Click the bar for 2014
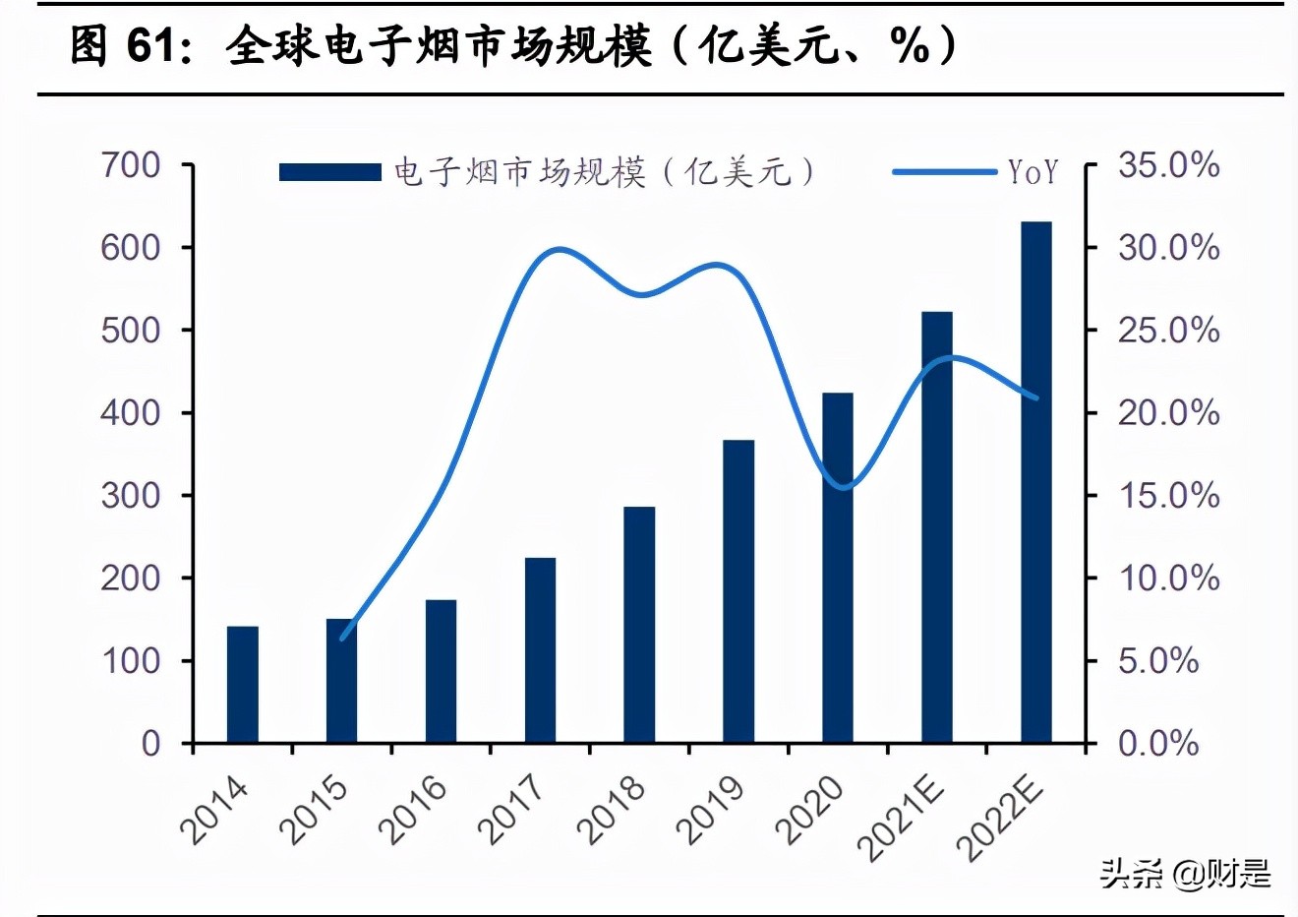point(243,684)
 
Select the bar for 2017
point(540,649)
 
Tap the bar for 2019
point(738,590)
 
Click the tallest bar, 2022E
point(1036,481)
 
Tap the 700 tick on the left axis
point(131,165)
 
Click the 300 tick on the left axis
point(131,495)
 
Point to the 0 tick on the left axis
point(150,743)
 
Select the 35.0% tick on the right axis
point(1168,165)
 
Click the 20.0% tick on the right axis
point(1168,412)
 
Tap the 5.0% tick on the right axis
point(1158,660)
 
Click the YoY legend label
point(1033,173)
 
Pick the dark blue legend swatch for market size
point(329,173)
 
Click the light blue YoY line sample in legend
point(944,172)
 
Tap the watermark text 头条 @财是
point(1185,873)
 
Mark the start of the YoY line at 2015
point(342,639)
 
